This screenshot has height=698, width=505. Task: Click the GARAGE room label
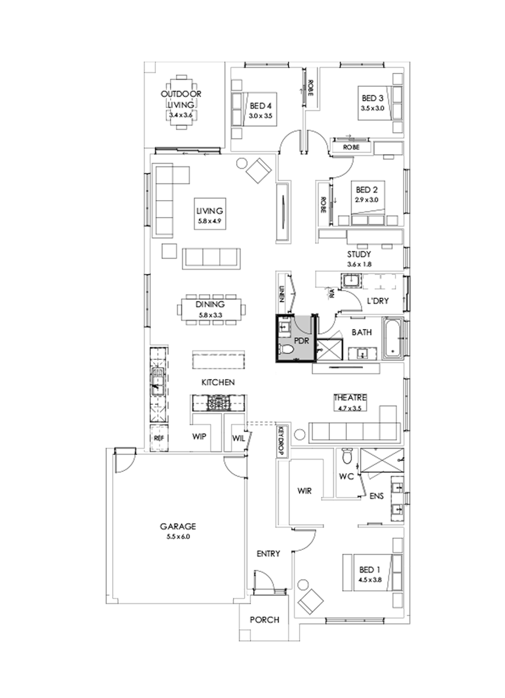[178, 526]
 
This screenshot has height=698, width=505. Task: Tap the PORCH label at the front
[264, 620]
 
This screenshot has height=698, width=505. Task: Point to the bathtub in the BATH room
[393, 339]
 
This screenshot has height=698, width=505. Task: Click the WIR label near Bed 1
[304, 491]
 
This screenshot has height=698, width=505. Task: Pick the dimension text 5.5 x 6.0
[178, 536]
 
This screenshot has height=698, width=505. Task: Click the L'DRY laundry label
[378, 301]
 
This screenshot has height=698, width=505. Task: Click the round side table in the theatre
[300, 434]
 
